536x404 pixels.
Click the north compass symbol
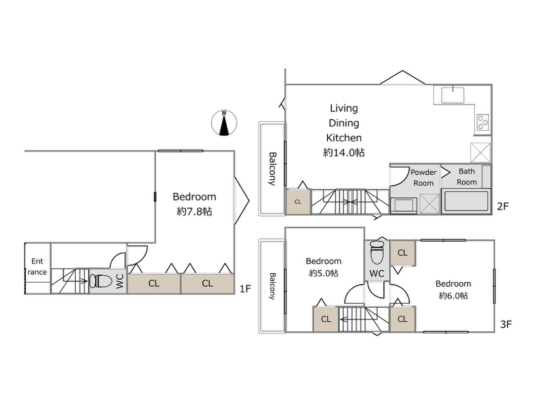[224, 123]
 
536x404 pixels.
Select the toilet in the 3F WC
[377, 252]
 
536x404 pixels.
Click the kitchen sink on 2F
[453, 95]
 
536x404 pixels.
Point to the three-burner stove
[483, 122]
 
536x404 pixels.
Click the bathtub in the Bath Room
[466, 200]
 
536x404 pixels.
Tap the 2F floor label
[503, 206]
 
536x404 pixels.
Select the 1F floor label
[245, 289]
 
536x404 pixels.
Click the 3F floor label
[506, 324]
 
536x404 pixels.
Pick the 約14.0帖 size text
[344, 153]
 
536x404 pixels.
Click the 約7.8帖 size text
[195, 212]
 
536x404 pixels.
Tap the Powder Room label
[424, 177]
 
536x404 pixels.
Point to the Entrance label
[37, 266]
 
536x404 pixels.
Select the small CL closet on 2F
[298, 201]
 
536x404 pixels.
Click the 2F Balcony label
[272, 169]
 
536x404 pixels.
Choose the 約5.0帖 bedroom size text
[324, 273]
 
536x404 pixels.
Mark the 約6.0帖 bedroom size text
[453, 295]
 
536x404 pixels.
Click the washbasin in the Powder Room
[404, 206]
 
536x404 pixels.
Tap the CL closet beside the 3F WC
[402, 252]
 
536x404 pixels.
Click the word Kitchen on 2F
[344, 138]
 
